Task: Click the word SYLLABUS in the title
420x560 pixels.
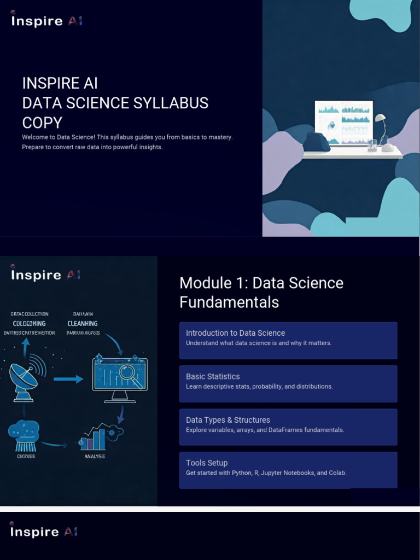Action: [x=175, y=103]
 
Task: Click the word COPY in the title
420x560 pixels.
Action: [x=42, y=122]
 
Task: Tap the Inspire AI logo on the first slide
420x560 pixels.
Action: [x=46, y=21]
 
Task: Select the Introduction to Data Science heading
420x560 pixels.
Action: [x=235, y=333]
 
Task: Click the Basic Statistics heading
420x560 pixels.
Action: [x=213, y=376]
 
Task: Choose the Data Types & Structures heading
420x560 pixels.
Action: [x=228, y=420]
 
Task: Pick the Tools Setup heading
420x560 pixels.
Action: [x=207, y=463]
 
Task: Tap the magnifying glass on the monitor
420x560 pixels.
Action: [x=131, y=376]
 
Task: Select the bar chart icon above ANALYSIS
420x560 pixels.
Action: [x=94, y=439]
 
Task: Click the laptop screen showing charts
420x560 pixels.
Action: [x=343, y=122]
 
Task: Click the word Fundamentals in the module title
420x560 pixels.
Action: [x=229, y=302]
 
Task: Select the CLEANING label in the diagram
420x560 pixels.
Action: [x=83, y=323]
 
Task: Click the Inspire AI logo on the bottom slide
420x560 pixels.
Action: [x=44, y=532]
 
